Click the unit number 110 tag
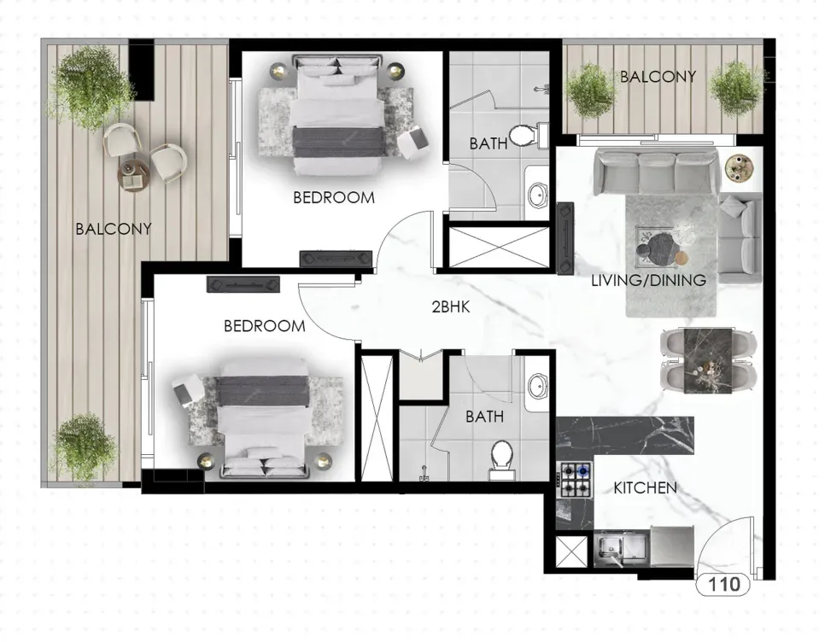coord(723,584)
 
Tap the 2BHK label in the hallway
coord(450,307)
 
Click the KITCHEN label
coord(645,488)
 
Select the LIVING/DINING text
coord(649,280)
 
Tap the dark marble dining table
coord(708,360)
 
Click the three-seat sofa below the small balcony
coord(656,171)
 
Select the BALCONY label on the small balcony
coord(658,77)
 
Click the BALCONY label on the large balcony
coord(114,229)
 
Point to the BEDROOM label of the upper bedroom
coord(334,198)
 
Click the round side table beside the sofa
coord(739,168)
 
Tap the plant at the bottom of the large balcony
coord(85,448)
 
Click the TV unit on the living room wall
coord(565,237)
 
